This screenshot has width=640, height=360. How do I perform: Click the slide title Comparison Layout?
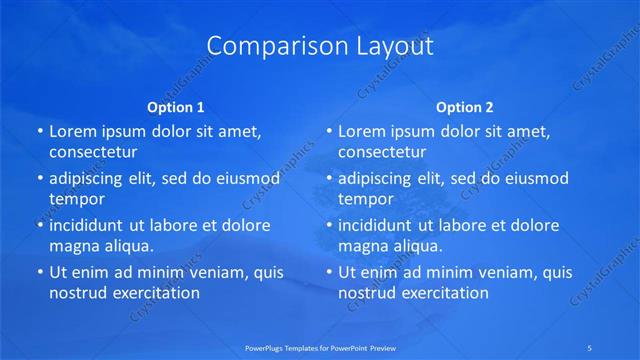tap(320, 46)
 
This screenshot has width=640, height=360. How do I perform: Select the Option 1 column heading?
tap(176, 107)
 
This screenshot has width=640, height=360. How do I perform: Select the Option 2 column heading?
tap(465, 107)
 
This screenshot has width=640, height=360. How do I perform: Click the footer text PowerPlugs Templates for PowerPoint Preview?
tap(319, 348)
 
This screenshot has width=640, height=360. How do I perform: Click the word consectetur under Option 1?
tap(92, 152)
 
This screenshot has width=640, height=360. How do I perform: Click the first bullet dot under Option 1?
tap(39, 131)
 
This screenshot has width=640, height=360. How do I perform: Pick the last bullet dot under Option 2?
tap(329, 272)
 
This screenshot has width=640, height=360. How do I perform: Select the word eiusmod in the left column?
tap(246, 179)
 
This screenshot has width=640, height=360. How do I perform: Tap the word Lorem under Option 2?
tap(361, 131)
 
